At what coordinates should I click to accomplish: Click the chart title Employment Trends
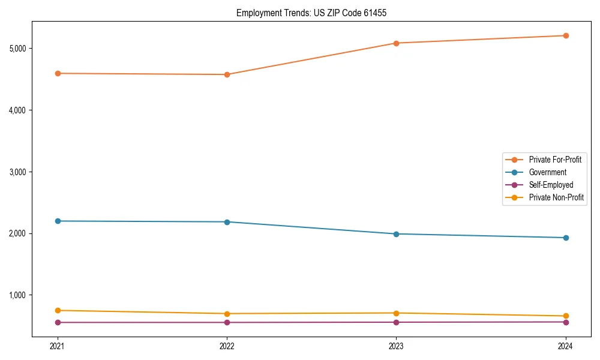tap(311, 13)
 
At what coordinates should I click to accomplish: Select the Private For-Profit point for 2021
tap(58, 73)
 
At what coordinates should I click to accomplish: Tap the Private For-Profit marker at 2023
tap(396, 43)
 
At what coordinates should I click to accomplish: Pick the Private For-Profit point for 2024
tap(566, 35)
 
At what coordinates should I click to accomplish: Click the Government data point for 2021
tap(58, 221)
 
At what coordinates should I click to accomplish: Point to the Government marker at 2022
tap(227, 222)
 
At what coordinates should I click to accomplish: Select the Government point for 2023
tap(396, 234)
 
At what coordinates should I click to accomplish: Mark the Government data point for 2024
tap(566, 238)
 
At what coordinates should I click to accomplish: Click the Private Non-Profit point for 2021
tap(58, 310)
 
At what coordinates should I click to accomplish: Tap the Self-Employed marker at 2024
tap(566, 322)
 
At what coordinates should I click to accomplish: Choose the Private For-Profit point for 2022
tap(227, 74)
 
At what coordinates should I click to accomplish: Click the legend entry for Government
tap(547, 172)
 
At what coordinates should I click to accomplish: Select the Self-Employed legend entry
tap(551, 185)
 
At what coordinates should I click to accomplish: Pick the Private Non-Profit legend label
tap(556, 197)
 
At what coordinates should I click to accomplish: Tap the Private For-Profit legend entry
tap(554, 160)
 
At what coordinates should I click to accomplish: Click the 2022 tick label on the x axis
tap(227, 346)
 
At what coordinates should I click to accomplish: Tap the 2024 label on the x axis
tap(566, 346)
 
